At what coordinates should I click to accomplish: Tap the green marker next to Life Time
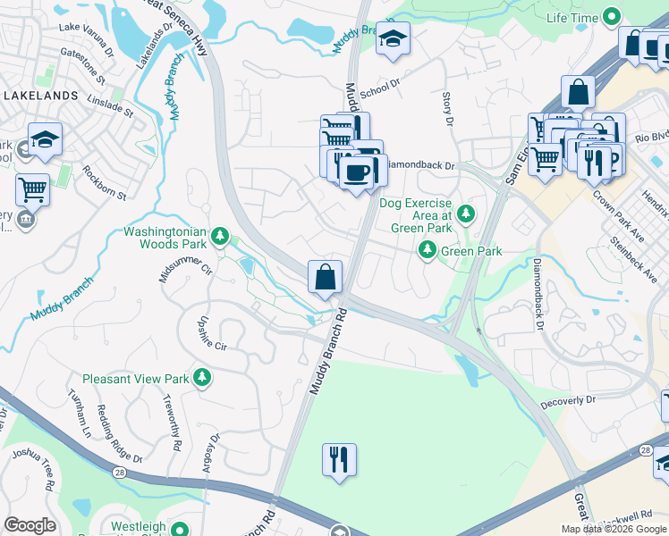tap(612, 17)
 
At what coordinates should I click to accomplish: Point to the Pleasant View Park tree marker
tap(202, 378)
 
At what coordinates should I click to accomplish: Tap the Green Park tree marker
tap(428, 251)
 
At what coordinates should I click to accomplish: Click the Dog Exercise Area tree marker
tap(465, 214)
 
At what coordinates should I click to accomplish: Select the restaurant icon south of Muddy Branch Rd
tap(339, 460)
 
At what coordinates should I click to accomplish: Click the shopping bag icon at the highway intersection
tap(325, 277)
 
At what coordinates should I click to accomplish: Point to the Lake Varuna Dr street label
tap(85, 29)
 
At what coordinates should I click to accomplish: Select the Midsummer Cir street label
tap(186, 264)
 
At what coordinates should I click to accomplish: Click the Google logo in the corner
tap(30, 525)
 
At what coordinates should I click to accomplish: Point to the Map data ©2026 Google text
tap(614, 529)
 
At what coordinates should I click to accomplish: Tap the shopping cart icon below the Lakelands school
tap(32, 189)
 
